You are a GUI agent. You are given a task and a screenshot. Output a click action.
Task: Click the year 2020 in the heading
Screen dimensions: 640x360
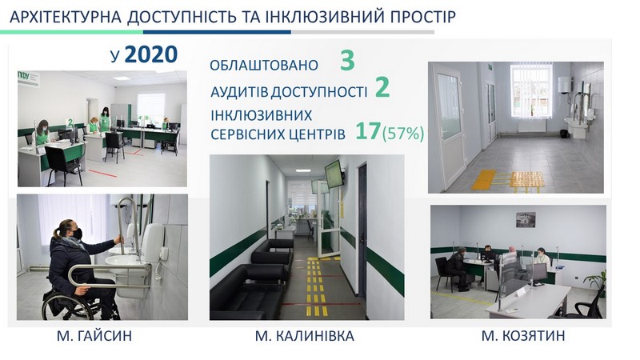[x=151, y=54]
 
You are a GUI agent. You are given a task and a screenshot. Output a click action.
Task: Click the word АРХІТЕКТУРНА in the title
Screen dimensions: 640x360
[x=66, y=17]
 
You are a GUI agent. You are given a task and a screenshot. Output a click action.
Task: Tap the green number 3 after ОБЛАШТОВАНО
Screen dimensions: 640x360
[x=347, y=61]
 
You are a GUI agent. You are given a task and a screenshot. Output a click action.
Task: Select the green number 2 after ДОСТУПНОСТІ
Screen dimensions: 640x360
[x=382, y=87]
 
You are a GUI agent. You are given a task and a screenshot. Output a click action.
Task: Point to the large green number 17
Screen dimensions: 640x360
[x=368, y=131]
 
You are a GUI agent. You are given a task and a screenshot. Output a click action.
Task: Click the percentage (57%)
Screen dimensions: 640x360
[x=403, y=134]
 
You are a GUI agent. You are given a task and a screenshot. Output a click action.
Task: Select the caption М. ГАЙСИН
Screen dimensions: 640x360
[x=94, y=336]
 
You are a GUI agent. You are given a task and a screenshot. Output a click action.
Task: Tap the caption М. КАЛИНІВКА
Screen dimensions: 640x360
[x=305, y=336]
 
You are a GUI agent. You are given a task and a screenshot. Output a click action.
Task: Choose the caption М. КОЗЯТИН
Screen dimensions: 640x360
[x=523, y=336]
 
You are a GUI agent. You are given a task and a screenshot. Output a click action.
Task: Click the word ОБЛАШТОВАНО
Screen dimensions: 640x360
[x=264, y=66]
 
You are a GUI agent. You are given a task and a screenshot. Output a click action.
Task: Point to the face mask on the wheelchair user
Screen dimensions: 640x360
[x=77, y=234]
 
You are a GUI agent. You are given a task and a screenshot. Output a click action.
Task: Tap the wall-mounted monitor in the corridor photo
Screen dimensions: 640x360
[x=334, y=174]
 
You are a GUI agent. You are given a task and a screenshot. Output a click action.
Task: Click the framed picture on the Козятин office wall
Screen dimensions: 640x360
[x=526, y=219]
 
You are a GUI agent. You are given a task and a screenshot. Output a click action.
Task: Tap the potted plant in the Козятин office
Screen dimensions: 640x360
[x=596, y=282]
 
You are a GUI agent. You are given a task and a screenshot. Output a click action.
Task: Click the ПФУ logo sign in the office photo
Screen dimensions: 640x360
[x=29, y=78]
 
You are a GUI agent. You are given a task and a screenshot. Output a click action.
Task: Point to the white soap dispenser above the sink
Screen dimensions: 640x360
[x=154, y=243]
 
